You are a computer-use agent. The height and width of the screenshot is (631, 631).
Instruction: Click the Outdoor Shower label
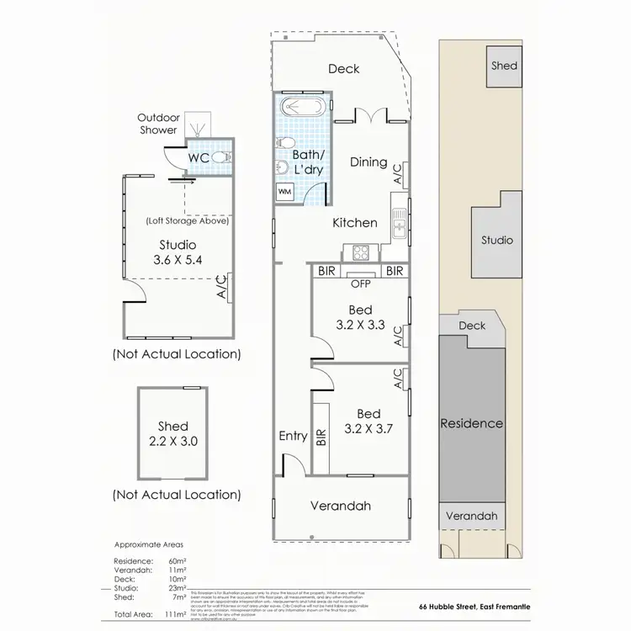pos(158,124)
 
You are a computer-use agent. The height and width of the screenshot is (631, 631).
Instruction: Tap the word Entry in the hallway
pos(294,436)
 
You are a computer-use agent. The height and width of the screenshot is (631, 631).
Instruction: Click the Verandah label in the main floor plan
pos(341,506)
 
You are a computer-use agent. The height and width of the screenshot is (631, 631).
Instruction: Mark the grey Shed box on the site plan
pos(505,66)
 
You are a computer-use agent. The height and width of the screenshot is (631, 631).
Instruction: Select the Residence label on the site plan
pos(471,423)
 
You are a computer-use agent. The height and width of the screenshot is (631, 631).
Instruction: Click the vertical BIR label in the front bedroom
pos(321,437)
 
